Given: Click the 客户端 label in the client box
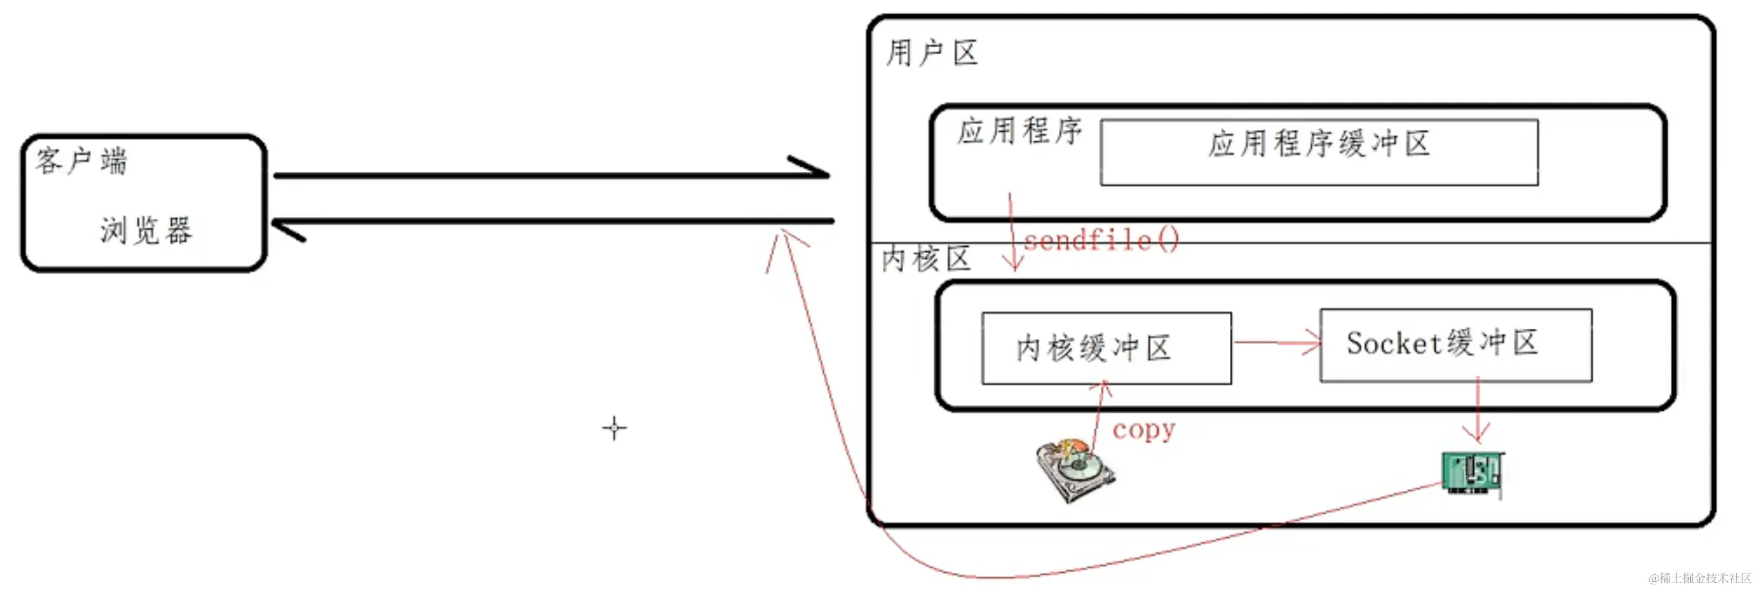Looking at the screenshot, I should (81, 162).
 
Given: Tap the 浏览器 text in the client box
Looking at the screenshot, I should (146, 231).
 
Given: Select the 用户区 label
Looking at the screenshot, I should (931, 53).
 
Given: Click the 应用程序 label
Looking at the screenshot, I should (1019, 131).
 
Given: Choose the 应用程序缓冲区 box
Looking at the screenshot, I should (1318, 151).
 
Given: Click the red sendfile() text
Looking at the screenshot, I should (1100, 240).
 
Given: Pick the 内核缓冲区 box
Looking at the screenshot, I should (1106, 348).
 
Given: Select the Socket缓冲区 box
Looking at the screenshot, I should (1455, 344).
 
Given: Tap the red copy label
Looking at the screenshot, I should (1143, 429).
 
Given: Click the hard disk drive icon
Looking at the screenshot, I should (1075, 470).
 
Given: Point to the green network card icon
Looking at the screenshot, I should (1473, 473).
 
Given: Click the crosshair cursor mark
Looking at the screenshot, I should (614, 428).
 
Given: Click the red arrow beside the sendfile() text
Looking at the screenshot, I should (1012, 232).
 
